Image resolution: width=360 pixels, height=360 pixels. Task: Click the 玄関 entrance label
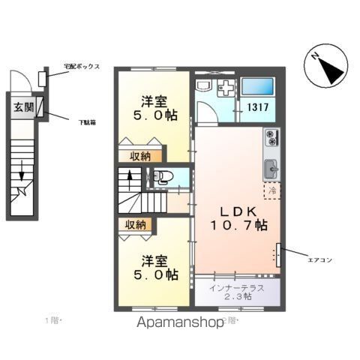22,106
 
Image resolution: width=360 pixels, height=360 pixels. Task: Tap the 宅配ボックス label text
81,66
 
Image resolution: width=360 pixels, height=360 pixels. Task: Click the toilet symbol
163,178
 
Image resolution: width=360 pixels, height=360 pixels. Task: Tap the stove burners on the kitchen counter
271,138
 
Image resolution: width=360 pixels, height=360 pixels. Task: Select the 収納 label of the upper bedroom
135,156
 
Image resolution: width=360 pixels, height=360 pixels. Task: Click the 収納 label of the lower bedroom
135,224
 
